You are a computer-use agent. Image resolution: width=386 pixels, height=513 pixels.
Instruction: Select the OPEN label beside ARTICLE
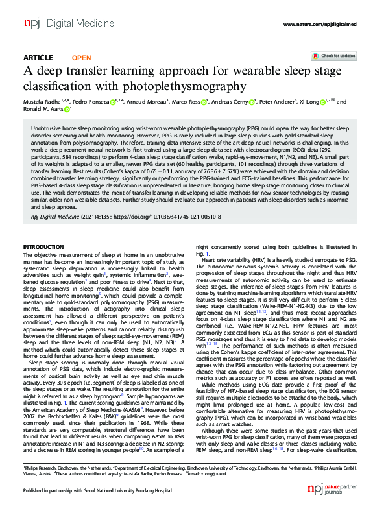tap(82, 57)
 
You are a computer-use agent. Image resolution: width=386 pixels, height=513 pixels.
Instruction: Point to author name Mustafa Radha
tap(43, 102)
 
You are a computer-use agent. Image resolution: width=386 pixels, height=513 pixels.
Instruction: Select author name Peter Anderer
tap(278, 102)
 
